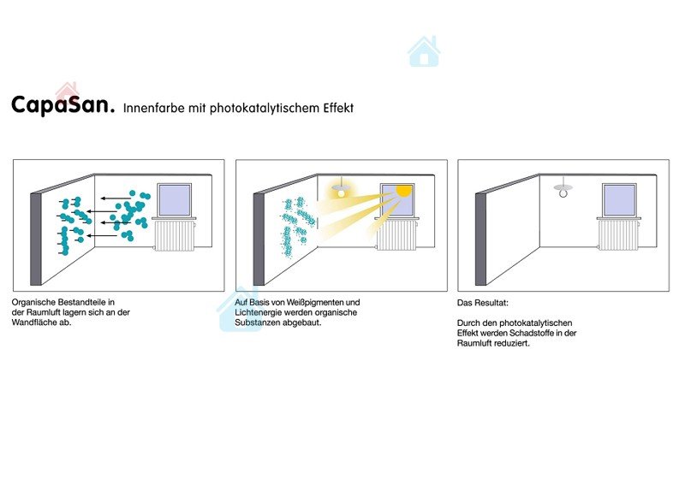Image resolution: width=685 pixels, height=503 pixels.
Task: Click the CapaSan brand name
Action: (63, 105)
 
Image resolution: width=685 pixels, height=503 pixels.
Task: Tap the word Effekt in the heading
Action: (338, 108)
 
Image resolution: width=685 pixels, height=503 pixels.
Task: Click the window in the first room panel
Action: (175, 200)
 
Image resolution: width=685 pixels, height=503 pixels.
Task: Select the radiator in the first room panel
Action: (175, 235)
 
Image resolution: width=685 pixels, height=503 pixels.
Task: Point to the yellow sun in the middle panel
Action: (403, 191)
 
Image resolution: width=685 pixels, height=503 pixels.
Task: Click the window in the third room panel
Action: (619, 200)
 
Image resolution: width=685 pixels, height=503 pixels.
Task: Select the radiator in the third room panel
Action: (618, 235)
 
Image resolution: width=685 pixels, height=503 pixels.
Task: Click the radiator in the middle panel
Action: (396, 235)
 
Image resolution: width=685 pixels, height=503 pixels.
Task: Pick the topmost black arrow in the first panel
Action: (116, 198)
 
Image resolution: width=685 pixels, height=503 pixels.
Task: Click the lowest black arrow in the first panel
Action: (102, 236)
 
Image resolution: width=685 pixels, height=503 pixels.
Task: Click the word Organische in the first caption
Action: (33, 302)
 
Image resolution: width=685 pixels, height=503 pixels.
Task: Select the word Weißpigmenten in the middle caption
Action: (315, 302)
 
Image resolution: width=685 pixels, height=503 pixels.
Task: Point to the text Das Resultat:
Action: (483, 303)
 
